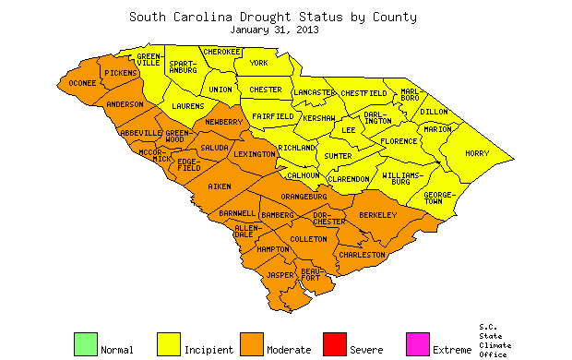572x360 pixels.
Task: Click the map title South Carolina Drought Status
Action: point(272,17)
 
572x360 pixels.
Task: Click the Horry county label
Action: point(477,153)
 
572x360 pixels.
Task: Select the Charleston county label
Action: point(362,254)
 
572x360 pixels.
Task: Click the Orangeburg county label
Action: point(305,197)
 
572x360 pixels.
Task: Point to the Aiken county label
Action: point(220,186)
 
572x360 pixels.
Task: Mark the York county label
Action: point(259,63)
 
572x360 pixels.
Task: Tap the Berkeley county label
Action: point(377,215)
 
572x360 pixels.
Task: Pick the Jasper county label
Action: point(280,275)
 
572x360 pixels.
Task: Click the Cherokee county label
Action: point(221,52)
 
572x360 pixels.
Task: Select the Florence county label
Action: point(399,141)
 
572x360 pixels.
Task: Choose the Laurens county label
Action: point(188,106)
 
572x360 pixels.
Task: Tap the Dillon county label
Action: point(434,111)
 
